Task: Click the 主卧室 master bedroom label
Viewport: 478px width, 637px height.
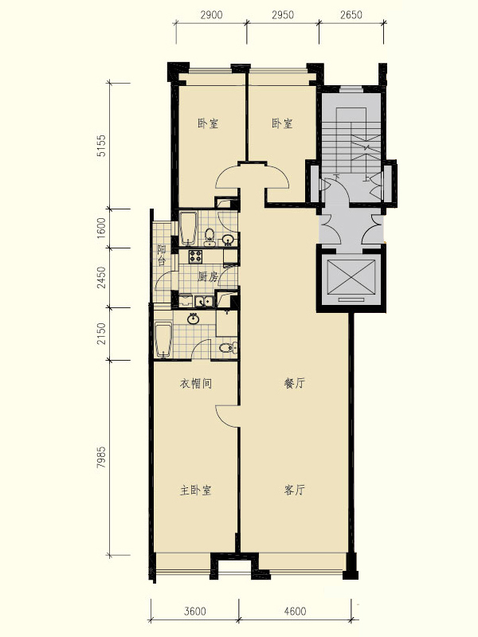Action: point(195,490)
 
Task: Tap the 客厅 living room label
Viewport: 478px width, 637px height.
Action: point(294,490)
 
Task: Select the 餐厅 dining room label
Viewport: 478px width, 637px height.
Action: point(294,383)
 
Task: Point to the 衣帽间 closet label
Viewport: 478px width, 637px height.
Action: point(196,384)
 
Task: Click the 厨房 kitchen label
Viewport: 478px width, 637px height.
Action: point(208,277)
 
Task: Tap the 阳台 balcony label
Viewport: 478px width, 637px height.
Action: point(162,255)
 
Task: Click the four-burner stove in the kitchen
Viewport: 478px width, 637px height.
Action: point(195,256)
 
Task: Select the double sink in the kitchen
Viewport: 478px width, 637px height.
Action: point(204,302)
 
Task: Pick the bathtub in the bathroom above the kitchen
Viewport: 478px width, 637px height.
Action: point(188,228)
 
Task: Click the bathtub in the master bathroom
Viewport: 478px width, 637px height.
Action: point(163,340)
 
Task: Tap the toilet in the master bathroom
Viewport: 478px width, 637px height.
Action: point(229,348)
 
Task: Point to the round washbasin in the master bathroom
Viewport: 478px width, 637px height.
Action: point(193,319)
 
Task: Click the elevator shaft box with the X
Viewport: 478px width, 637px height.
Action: point(351,277)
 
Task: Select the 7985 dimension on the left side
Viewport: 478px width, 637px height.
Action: point(101,457)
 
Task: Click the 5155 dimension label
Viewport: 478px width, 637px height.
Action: point(101,146)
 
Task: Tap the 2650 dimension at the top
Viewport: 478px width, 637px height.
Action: point(351,15)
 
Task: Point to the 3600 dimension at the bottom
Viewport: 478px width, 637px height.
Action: point(195,611)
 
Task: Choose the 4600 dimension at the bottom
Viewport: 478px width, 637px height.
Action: point(295,611)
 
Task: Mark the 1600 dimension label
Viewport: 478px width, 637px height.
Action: point(101,229)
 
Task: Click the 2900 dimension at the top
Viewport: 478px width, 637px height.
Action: point(212,15)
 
